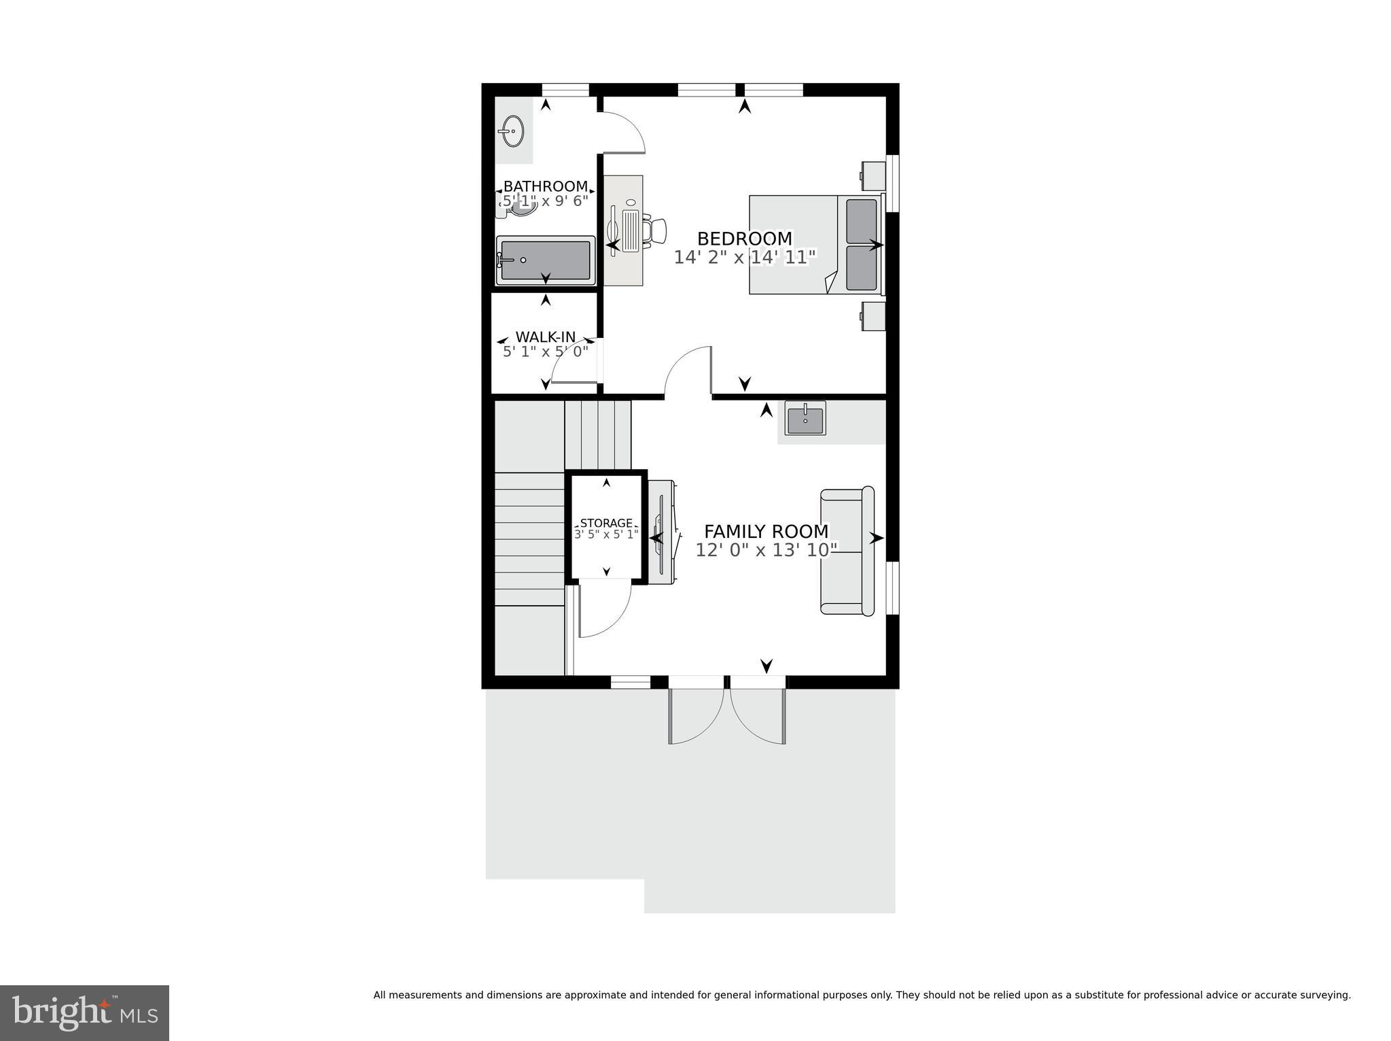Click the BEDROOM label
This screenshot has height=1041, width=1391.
(x=745, y=239)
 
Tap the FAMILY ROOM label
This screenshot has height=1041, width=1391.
(x=766, y=531)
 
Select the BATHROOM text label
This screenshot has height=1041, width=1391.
(x=545, y=186)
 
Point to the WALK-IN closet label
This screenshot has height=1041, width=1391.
(x=545, y=337)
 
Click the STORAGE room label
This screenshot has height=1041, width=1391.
(x=606, y=523)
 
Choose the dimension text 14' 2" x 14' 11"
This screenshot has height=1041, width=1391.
(x=745, y=258)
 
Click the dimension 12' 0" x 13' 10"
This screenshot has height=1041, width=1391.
(x=766, y=550)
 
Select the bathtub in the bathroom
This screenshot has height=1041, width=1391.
(x=545, y=260)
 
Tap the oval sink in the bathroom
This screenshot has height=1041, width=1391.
(x=511, y=130)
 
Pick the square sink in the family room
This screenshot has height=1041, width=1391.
(x=805, y=417)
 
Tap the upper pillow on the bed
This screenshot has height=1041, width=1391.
(x=861, y=221)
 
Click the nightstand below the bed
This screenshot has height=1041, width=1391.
(x=874, y=316)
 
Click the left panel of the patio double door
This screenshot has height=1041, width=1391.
(x=694, y=714)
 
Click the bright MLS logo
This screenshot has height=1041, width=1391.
(x=84, y=1012)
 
